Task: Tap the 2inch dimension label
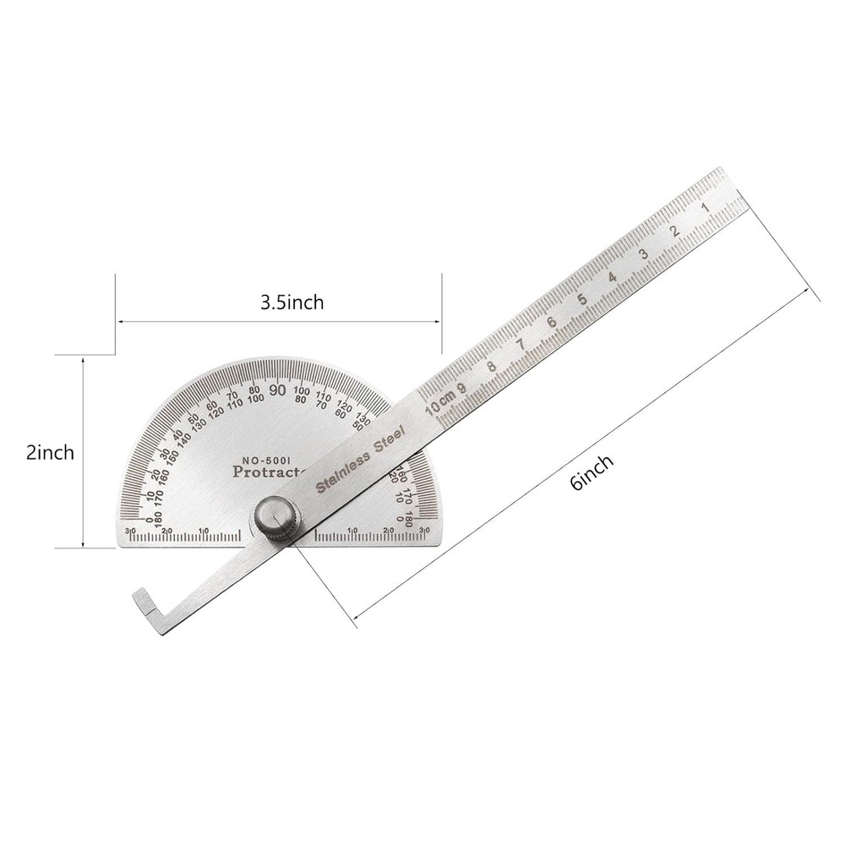point(50,452)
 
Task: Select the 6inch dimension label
point(591,472)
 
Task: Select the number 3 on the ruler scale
point(644,254)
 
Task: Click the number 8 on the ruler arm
point(491,365)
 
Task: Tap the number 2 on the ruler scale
point(673,232)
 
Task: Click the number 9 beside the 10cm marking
point(461,387)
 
